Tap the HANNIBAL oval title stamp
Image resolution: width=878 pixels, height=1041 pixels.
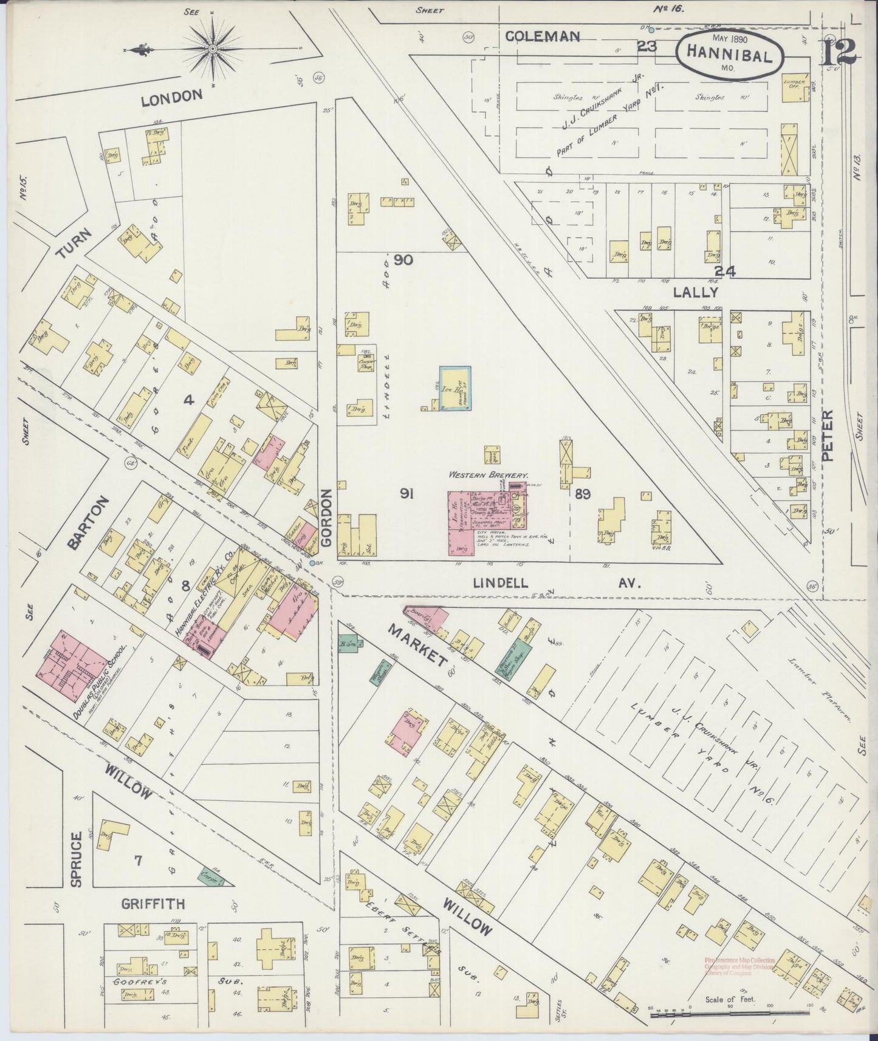tap(729, 54)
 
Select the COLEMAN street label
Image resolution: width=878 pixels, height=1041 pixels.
tap(542, 36)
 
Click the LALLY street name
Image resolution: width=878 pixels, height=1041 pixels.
tap(696, 292)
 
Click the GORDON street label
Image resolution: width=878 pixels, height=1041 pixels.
tap(328, 517)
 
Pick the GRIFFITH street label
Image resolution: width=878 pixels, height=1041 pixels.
tap(153, 904)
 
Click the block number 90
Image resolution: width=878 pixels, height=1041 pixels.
tap(403, 260)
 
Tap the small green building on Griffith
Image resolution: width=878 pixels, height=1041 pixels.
tap(208, 875)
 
